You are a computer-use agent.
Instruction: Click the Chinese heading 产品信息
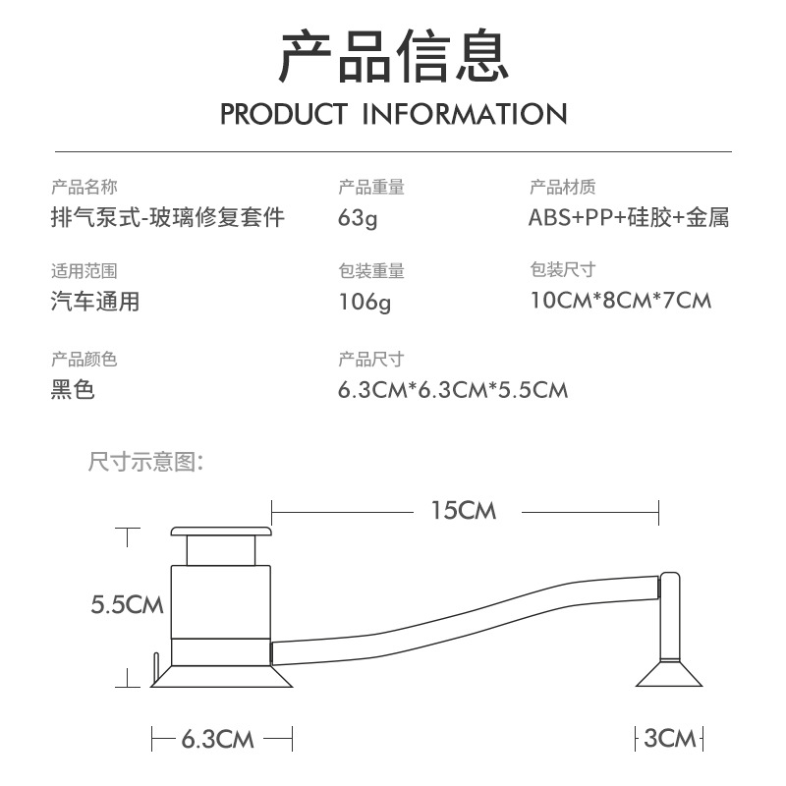click(393, 56)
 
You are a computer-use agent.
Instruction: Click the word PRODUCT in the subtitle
click(283, 114)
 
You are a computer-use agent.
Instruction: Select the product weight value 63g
click(358, 217)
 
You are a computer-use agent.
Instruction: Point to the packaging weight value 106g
click(365, 303)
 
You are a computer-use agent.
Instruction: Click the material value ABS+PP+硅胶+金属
click(629, 217)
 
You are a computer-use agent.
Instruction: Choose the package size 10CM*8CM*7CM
click(620, 301)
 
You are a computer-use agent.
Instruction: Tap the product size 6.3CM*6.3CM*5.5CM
click(453, 390)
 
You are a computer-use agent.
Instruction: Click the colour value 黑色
click(73, 390)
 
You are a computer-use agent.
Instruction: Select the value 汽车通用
click(95, 302)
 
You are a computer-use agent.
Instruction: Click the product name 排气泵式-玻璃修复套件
click(168, 217)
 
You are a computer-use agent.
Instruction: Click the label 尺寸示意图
click(146, 461)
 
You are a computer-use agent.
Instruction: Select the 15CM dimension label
click(464, 511)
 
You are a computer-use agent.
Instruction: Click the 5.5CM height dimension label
click(127, 604)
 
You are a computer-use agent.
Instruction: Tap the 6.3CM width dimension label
click(218, 739)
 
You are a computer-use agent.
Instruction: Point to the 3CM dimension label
click(670, 739)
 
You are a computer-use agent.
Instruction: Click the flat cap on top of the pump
click(221, 533)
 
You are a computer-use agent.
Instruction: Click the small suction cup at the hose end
click(670, 675)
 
